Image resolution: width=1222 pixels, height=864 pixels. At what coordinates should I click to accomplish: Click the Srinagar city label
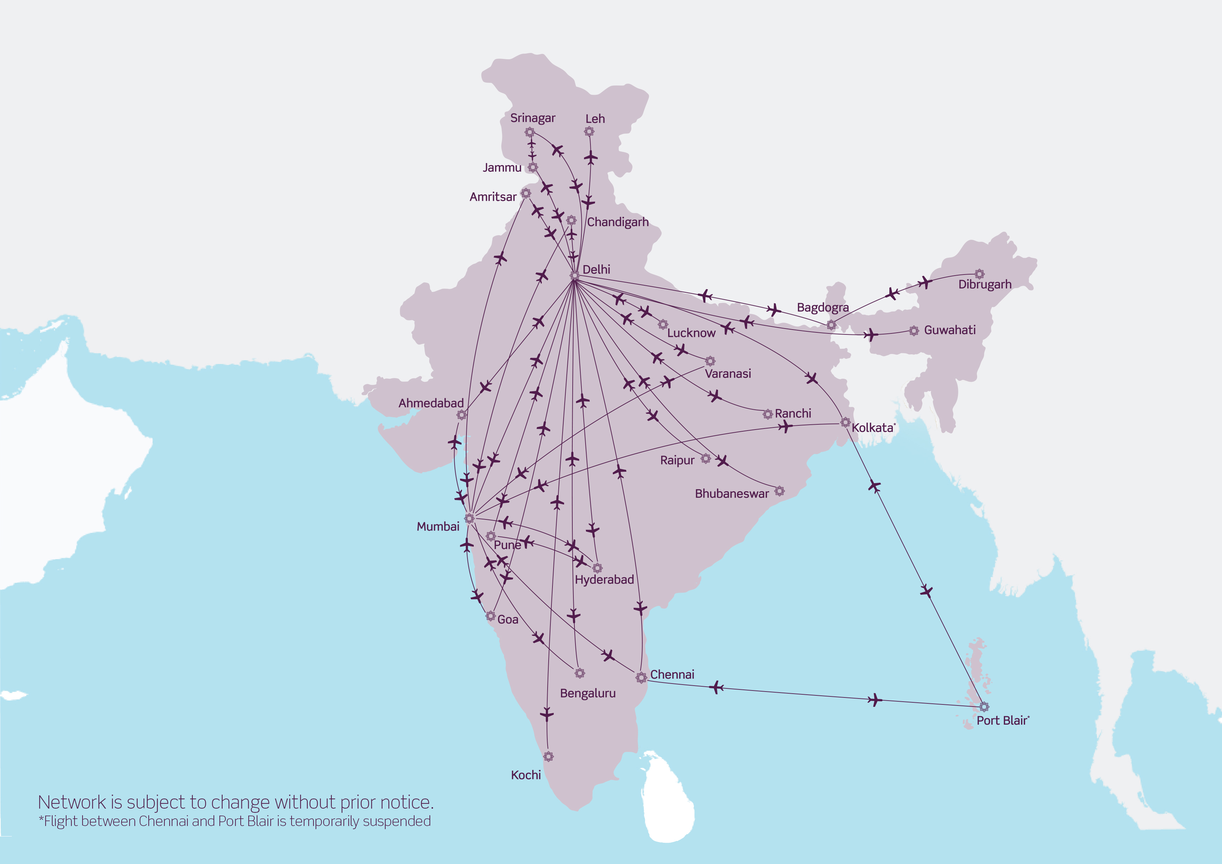532,118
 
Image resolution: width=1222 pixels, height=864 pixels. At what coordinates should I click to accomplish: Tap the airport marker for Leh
589,131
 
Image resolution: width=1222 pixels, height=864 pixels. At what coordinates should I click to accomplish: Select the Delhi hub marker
575,275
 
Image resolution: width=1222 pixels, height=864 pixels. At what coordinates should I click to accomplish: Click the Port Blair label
1001,721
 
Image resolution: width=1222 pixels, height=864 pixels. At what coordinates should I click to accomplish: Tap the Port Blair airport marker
984,707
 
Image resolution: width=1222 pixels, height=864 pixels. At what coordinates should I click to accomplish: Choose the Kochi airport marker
549,756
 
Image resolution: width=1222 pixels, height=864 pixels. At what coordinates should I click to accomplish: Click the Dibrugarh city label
985,284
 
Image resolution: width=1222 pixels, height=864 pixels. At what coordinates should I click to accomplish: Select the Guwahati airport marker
914,331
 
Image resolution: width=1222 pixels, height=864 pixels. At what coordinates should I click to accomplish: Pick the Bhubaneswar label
732,494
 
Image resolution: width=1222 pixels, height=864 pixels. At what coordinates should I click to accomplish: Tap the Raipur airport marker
706,458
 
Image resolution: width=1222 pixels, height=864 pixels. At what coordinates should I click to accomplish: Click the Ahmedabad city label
431,403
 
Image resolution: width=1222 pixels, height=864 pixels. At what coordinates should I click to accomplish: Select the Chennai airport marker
641,678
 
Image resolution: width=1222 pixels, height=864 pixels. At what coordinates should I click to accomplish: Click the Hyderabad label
604,580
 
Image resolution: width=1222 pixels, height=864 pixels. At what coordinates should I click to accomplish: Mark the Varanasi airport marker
710,361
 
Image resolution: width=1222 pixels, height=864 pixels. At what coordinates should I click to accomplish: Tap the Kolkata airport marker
845,423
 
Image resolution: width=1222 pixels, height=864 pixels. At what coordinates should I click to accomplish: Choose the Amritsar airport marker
526,193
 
